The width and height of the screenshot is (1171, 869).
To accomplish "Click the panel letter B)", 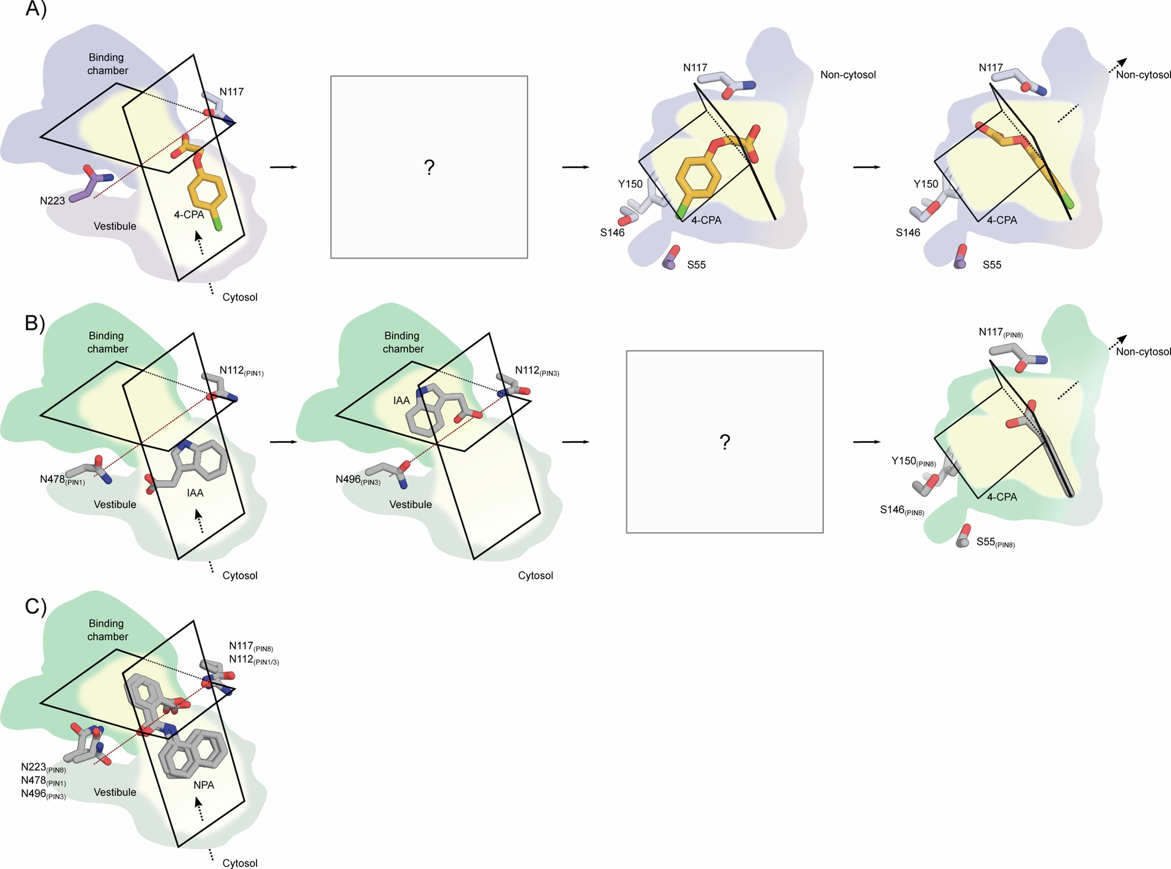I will tap(35, 323).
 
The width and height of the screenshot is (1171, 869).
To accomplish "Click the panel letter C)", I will tap(35, 606).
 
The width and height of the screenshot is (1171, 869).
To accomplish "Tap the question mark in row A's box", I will tap(429, 167).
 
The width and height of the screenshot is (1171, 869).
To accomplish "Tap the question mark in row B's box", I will tap(725, 442).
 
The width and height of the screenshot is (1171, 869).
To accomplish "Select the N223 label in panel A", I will tap(53, 201).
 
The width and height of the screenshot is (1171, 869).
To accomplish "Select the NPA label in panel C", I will tap(203, 785).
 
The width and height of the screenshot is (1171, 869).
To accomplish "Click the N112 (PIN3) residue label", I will tap(537, 371).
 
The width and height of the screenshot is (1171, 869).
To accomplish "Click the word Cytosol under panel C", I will tap(239, 863).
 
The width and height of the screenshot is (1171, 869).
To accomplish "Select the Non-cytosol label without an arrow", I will tap(848, 75).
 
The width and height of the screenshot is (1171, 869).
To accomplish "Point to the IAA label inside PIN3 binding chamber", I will tap(401, 400).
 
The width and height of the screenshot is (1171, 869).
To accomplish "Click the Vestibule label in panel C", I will tap(115, 792).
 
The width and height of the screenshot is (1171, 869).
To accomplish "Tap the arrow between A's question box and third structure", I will tap(576, 167).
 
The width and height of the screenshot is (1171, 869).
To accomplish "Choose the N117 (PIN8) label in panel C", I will tap(251, 646).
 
